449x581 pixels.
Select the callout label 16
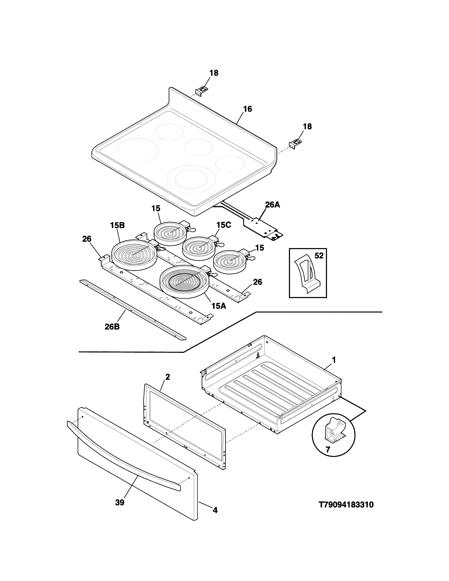247,109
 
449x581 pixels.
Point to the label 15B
117,225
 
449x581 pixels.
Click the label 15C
223,225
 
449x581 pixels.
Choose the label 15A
219,306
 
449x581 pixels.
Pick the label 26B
112,327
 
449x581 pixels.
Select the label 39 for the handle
120,502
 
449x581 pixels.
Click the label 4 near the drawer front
215,510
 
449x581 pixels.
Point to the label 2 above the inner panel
168,377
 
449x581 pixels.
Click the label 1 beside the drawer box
333,360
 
